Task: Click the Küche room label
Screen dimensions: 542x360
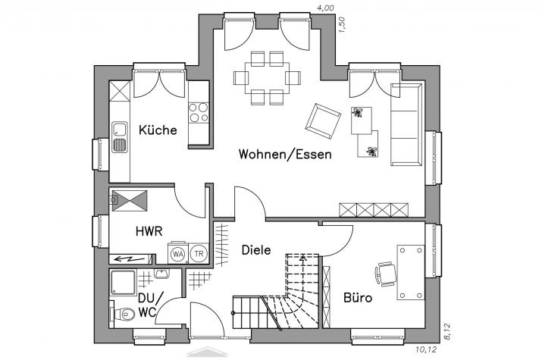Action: (158, 130)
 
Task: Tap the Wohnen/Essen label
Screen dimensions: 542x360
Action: (285, 154)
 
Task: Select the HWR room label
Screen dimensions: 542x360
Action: (149, 231)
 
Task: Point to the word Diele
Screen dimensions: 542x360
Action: (256, 250)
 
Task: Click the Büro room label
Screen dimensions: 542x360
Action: (358, 297)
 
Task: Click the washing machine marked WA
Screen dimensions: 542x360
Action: (178, 255)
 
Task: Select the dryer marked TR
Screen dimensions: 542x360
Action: (199, 254)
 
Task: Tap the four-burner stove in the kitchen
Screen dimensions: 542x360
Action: (199, 113)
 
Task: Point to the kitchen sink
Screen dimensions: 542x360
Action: (120, 137)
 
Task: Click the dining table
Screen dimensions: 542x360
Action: (267, 78)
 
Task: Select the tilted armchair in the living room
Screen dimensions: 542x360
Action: (323, 121)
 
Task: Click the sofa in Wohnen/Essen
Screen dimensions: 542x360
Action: (406, 124)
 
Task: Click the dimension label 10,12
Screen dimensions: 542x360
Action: (426, 349)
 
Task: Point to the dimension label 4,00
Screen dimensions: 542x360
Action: (326, 8)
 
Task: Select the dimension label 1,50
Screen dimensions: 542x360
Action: (342, 25)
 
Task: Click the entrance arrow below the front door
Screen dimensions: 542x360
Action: (207, 352)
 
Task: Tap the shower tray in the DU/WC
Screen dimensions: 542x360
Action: (123, 283)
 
